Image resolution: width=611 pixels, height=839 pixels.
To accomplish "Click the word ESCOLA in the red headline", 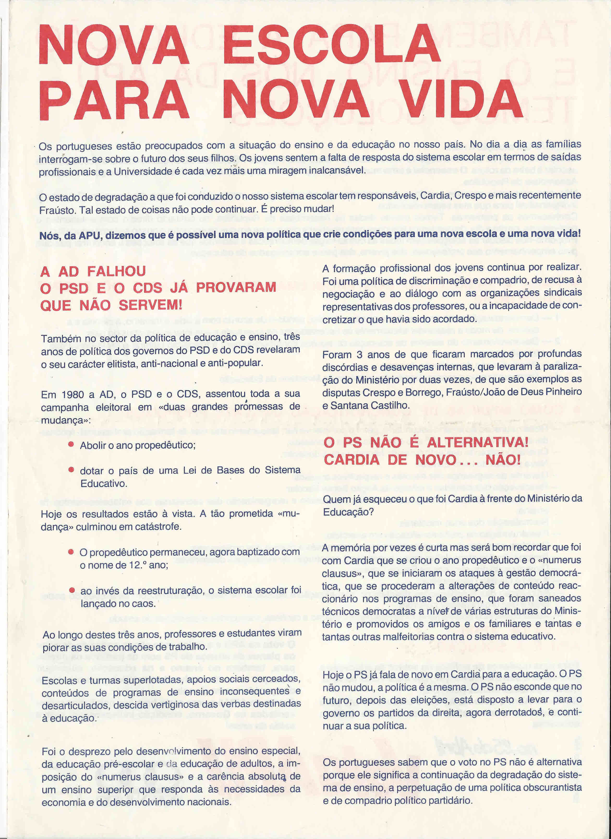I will tap(331, 44).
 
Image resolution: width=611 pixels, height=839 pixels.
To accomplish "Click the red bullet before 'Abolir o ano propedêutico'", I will tap(71, 444).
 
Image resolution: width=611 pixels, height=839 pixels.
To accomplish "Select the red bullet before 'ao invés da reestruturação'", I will tap(72, 590).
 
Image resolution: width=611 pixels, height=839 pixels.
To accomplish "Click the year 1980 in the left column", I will tap(73, 395).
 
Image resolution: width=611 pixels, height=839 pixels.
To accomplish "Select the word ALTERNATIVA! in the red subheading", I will tap(478, 442).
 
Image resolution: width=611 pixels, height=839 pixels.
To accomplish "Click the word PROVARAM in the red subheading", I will tap(236, 287).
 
